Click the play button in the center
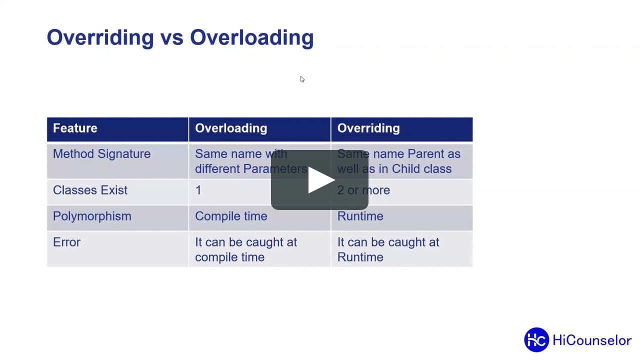(320, 180)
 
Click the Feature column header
(75, 128)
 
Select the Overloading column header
(231, 128)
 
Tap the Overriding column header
(368, 128)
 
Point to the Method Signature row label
(101, 154)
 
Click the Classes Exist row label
(90, 190)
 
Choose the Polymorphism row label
(92, 216)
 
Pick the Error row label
(66, 242)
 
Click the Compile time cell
(231, 216)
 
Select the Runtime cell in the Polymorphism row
(360, 216)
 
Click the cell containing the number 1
(198, 190)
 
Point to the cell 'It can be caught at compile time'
(245, 249)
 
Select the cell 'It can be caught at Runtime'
(388, 249)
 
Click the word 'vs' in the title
(172, 38)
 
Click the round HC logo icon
(536, 340)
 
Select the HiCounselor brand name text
(592, 340)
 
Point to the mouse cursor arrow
(302, 79)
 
